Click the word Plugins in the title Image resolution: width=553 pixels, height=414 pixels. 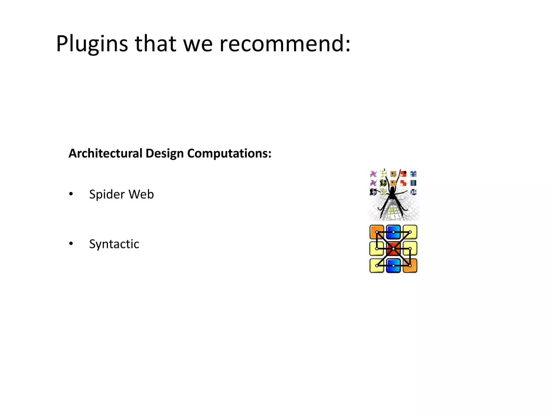point(92,44)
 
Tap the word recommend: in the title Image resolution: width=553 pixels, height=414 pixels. point(285,44)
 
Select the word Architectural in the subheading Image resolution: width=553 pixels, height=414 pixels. point(105,153)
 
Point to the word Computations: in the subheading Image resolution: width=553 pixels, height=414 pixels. point(229,153)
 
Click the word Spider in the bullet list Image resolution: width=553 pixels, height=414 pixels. point(107,194)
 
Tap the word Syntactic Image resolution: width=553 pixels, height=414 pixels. point(114,244)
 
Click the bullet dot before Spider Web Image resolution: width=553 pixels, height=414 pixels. point(71,194)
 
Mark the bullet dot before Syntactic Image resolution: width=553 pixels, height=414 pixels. point(71,244)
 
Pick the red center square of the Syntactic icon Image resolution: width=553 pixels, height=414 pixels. point(393,249)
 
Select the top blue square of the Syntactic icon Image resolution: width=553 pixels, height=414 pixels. point(393,232)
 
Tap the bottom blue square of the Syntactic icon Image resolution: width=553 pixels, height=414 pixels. point(393,266)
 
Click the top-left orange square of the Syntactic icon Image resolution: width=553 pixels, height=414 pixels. point(376,232)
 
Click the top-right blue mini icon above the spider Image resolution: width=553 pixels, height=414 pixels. point(413,174)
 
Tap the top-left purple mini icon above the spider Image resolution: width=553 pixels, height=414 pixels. point(373,174)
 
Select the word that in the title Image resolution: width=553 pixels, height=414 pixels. point(156,44)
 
